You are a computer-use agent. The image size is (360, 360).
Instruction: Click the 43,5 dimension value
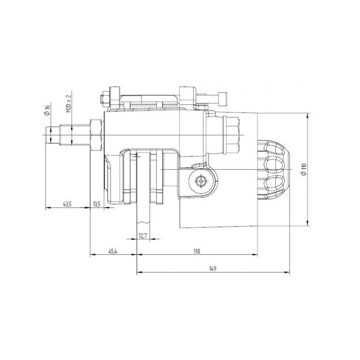tap(67, 203)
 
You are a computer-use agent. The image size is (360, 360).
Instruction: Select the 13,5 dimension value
tap(97, 203)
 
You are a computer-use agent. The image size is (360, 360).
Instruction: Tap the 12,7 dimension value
tap(143, 235)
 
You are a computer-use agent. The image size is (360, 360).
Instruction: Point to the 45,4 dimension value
tap(112, 251)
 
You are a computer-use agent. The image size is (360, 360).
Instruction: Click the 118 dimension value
tap(197, 251)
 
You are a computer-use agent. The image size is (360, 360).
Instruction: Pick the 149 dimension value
tap(213, 269)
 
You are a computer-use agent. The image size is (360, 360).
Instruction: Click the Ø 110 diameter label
tap(304, 169)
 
